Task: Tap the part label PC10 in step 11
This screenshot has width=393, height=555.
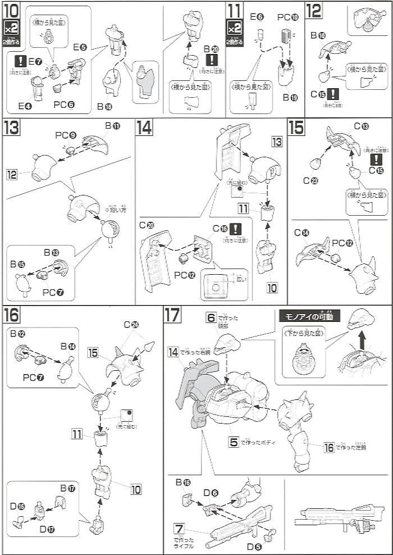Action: click(x=287, y=17)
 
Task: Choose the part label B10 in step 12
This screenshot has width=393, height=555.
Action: click(x=318, y=35)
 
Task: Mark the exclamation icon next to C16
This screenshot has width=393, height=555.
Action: click(x=236, y=229)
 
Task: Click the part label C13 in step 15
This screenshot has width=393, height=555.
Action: click(x=362, y=126)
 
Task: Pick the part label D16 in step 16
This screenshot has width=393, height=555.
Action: click(x=18, y=506)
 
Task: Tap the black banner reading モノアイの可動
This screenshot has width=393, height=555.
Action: click(x=309, y=316)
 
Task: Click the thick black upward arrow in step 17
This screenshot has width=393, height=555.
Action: click(x=362, y=339)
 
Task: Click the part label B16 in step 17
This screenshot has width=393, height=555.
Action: click(x=182, y=482)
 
